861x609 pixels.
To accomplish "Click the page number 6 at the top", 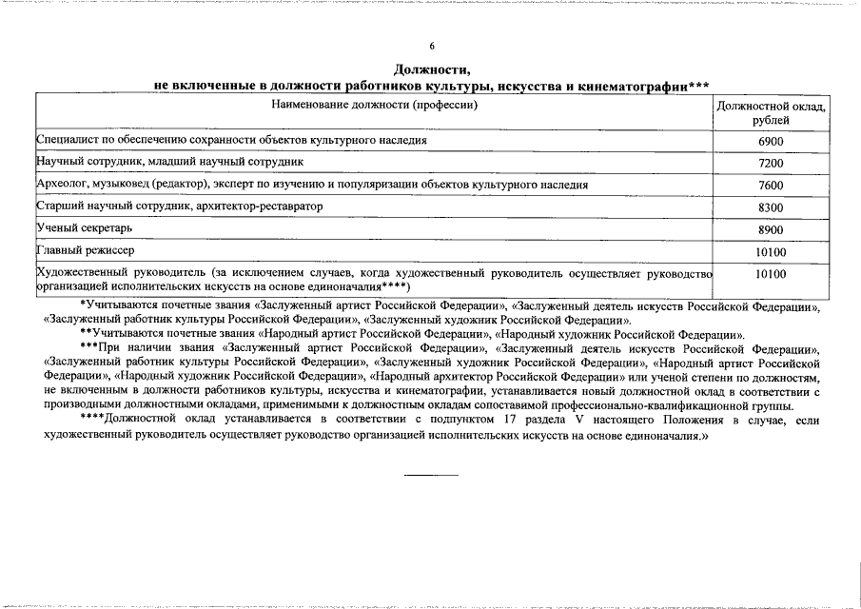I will pyautogui.click(x=430, y=46).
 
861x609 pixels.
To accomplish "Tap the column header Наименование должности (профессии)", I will pyautogui.click(x=374, y=105).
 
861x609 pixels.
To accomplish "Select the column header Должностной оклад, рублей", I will pyautogui.click(x=771, y=113).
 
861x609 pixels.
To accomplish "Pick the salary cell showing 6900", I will pyautogui.click(x=771, y=141).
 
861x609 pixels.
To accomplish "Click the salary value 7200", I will pyautogui.click(x=771, y=164).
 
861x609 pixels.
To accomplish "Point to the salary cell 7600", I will pyautogui.click(x=771, y=186).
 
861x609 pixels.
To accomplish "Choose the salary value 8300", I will pyautogui.click(x=771, y=207).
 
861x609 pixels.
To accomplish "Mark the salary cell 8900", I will pyautogui.click(x=771, y=230).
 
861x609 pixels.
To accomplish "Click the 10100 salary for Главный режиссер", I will pyautogui.click(x=771, y=252).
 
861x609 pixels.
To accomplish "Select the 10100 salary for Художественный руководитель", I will pyautogui.click(x=771, y=274).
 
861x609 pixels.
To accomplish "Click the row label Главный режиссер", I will pyautogui.click(x=86, y=251).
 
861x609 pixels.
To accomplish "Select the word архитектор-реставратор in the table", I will pyautogui.click(x=258, y=206).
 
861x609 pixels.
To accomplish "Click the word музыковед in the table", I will pyautogui.click(x=125, y=185).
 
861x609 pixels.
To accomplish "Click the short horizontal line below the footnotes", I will pyautogui.click(x=431, y=473).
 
